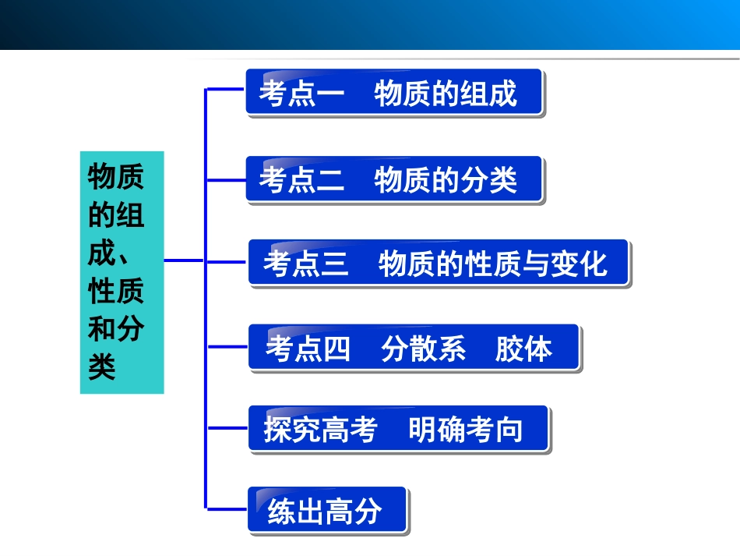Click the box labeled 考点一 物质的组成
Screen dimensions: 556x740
pos(394,93)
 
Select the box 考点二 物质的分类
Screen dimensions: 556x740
pos(394,180)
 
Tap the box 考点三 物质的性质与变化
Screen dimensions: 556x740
pos(439,263)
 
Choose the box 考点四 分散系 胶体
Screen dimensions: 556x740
pos(414,348)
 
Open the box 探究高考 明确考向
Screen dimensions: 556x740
pos(398,429)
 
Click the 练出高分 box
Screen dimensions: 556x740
pos(327,511)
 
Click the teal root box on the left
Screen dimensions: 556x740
pos(122,272)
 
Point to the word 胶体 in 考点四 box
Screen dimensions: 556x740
pos(523,349)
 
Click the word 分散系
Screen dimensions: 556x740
pos(423,349)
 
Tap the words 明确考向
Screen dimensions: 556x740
pos(465,430)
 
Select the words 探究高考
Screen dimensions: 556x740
pos(320,430)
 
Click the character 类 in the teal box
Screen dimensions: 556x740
pos(102,367)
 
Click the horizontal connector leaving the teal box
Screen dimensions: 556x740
pos(185,260)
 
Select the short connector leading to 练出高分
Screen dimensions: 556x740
pos(227,508)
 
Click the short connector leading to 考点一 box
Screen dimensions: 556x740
pos(226,89)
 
